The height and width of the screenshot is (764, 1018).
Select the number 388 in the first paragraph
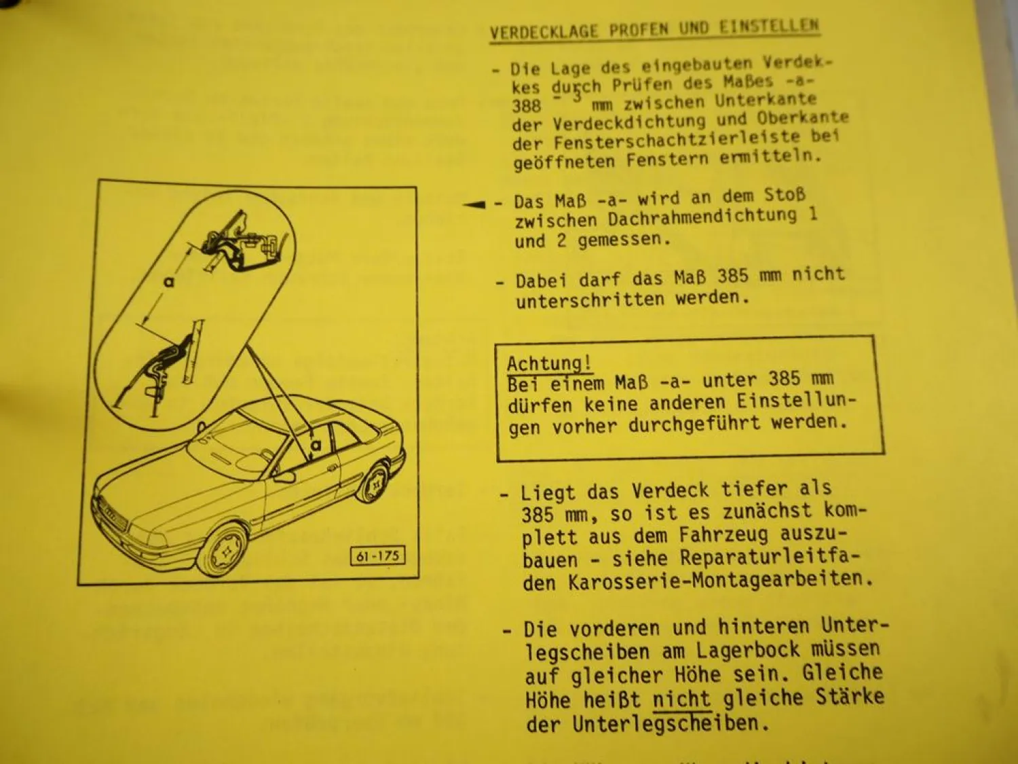[x=527, y=106]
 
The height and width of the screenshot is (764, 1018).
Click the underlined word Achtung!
[x=548, y=364]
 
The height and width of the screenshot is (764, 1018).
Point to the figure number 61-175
[x=378, y=556]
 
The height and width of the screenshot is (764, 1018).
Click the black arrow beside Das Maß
[x=476, y=204]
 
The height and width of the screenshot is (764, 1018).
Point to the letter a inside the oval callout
[x=168, y=280]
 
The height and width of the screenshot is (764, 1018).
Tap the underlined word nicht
[x=681, y=699]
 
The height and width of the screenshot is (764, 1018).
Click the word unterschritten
[x=590, y=300]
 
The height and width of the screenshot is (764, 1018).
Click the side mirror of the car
[x=284, y=476]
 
